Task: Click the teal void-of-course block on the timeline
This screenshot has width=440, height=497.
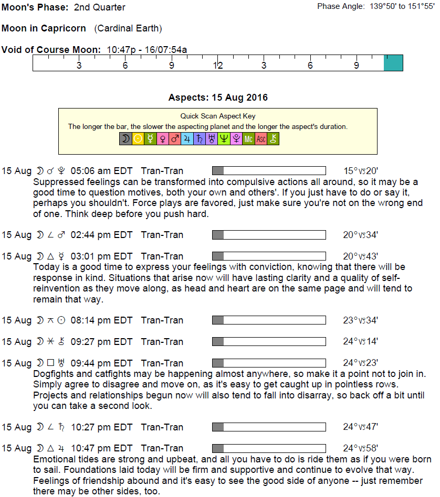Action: point(393,63)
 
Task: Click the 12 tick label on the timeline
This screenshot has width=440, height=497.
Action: point(218,66)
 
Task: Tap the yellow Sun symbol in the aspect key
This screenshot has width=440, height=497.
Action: point(138,139)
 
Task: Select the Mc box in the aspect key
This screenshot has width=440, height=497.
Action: point(249,139)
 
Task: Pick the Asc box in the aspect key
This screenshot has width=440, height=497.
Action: point(261,139)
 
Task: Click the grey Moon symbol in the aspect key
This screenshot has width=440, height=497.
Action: point(125,139)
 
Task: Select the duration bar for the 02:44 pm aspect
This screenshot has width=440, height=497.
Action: point(268,235)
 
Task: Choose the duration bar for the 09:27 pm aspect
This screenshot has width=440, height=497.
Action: point(268,342)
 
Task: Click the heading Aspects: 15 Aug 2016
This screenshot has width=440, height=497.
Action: point(218,98)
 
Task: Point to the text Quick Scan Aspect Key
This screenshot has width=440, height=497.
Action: point(218,116)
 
